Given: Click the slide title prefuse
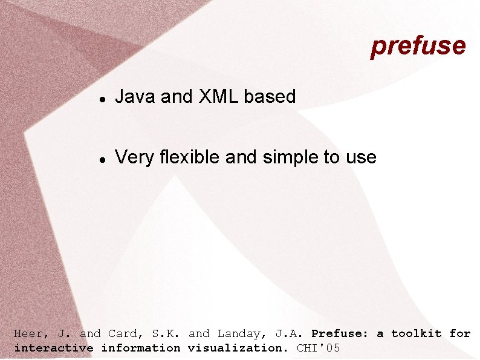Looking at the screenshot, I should [x=418, y=46].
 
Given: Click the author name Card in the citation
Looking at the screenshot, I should [x=123, y=333].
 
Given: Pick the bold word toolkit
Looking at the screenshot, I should [x=417, y=333].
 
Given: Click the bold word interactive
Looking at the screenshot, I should [x=53, y=348].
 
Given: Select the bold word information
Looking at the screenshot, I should [x=140, y=348].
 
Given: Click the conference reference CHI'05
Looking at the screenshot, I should [x=319, y=348].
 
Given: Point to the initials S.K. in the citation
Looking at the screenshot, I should [x=163, y=333].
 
